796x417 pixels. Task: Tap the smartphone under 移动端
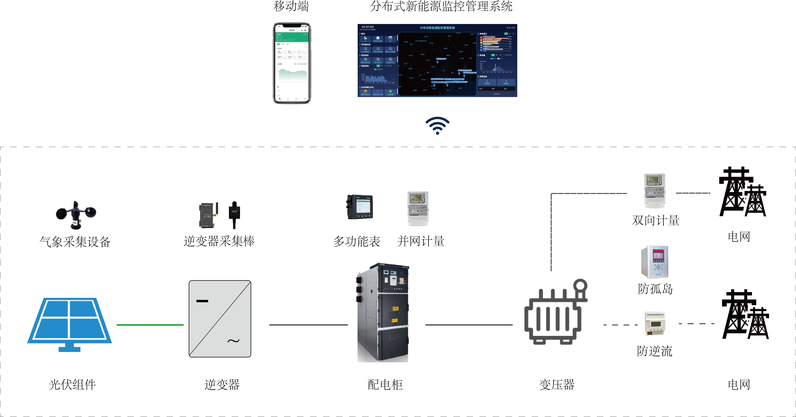[292, 63]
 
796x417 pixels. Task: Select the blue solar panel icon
[69, 323]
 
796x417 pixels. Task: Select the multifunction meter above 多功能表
[360, 207]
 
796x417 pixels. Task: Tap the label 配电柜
[385, 385]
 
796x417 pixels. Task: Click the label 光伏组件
[72, 385]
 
